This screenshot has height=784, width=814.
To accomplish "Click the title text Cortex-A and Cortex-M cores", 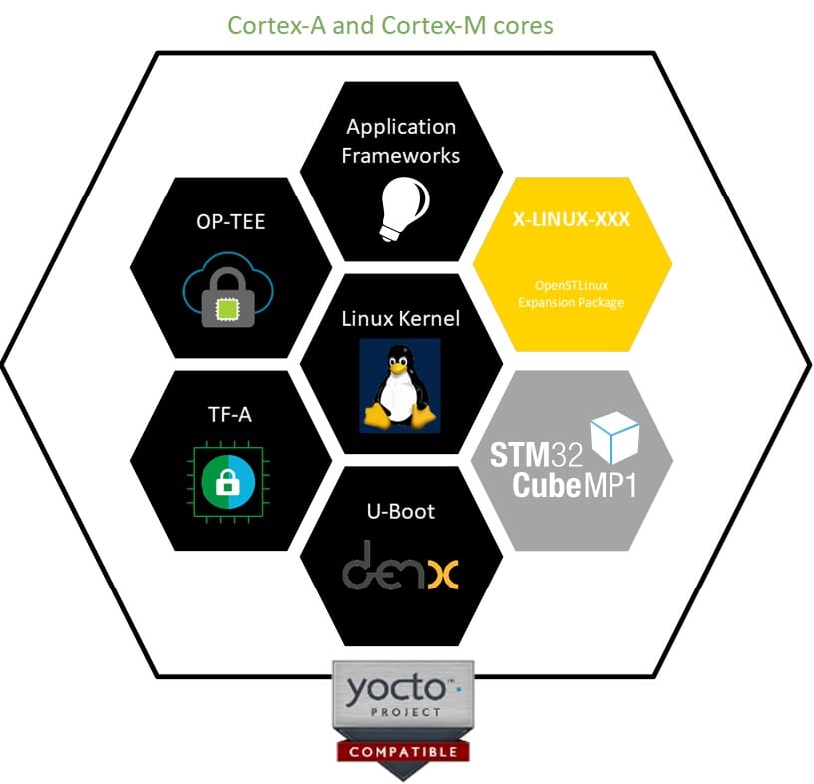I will point(390,24).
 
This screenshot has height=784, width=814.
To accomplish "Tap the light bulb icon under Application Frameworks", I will point(403,209).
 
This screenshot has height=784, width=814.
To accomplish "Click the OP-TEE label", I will point(231,222).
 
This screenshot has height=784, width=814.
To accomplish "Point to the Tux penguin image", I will point(400,385).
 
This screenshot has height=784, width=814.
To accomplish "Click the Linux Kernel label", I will point(401,319).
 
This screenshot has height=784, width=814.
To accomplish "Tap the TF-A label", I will point(230,414).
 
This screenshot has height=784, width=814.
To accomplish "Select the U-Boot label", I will point(401,512).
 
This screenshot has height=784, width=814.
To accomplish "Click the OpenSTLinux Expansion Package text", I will point(572,294).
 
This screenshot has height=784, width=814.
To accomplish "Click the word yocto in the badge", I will point(389,687).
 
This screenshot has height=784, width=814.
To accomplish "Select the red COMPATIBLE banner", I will point(403,751).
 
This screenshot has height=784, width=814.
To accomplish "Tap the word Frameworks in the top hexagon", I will point(401,155).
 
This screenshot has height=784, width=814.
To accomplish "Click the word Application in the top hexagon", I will point(401,127).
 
